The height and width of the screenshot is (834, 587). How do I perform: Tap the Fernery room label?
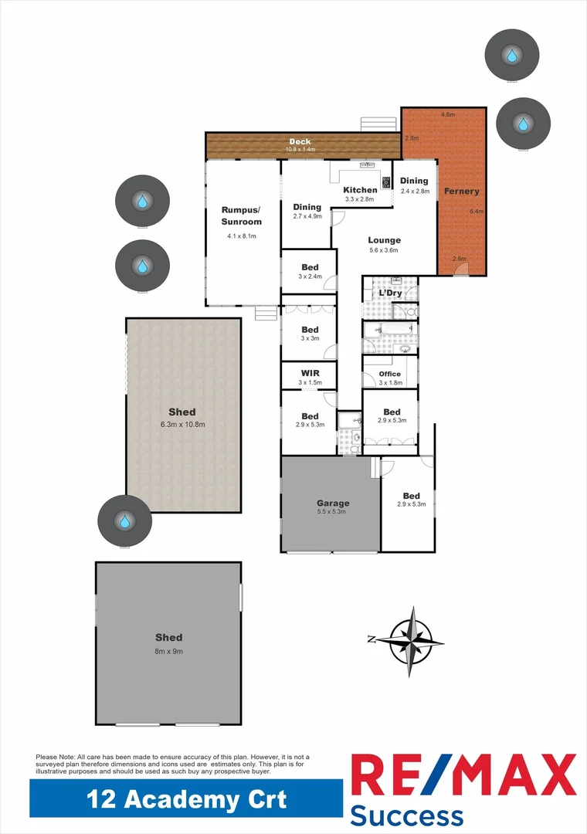tap(461, 191)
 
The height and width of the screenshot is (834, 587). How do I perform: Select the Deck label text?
tap(300, 141)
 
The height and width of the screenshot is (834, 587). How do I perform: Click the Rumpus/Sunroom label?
tap(241, 215)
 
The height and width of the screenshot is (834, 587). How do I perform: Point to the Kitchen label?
tap(360, 190)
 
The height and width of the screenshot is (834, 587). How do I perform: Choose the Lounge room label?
tap(384, 240)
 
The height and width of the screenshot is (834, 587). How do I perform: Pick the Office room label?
tap(390, 374)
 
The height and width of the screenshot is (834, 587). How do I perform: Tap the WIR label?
tap(309, 373)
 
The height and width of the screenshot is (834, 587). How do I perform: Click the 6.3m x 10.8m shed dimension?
tap(182, 425)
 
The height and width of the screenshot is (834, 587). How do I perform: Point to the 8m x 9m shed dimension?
tap(168, 651)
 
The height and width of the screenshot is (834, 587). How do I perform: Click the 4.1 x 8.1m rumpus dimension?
tap(241, 236)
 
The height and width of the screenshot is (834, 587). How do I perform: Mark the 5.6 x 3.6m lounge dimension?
tap(384, 250)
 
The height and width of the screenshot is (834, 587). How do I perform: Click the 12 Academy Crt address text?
tap(186, 798)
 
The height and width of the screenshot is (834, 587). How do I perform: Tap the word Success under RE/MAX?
tap(407, 815)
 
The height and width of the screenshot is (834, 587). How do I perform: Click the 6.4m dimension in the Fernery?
tap(476, 211)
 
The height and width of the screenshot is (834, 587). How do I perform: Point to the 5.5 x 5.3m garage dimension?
tap(331, 511)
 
